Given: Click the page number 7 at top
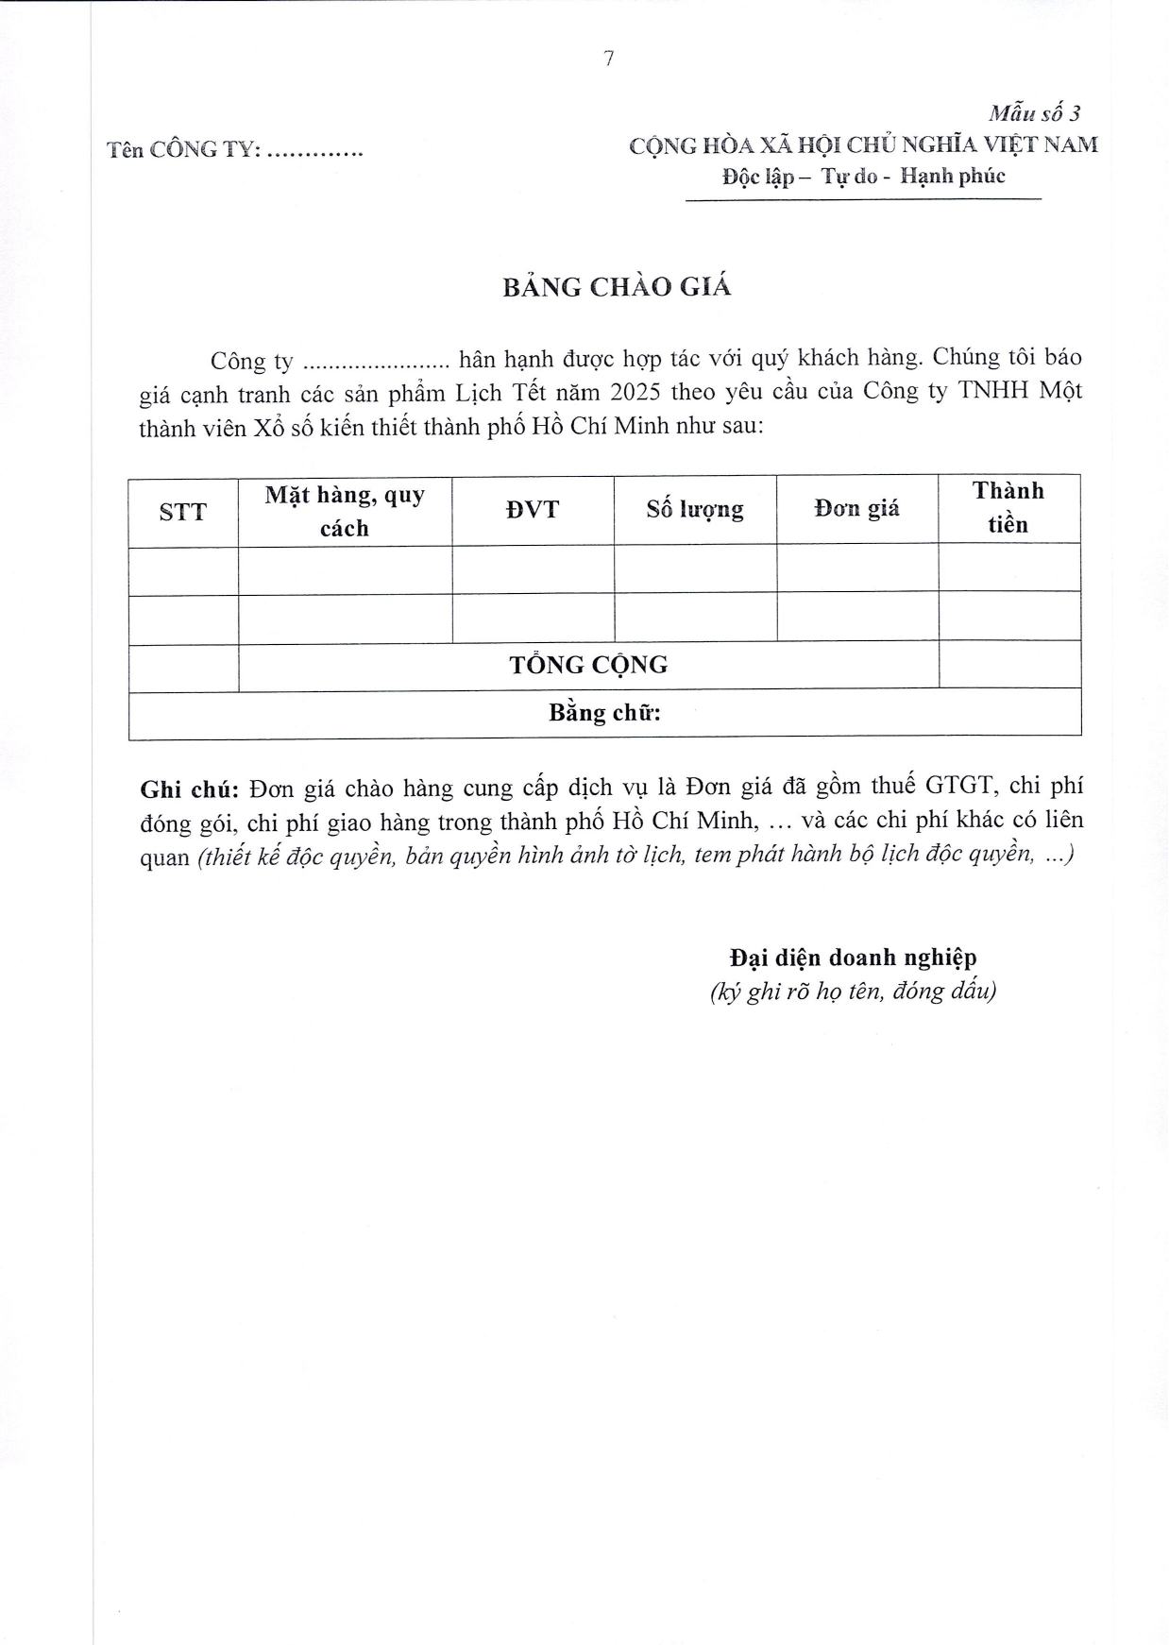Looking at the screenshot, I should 608,59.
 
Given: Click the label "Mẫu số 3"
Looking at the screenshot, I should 1034,113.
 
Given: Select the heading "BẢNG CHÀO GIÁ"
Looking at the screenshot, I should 617,287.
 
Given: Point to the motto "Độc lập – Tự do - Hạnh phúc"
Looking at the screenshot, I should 863,177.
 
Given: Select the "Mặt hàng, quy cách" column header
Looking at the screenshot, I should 345,511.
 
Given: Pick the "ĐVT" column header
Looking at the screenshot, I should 533,510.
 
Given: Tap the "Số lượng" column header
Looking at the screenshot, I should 695,510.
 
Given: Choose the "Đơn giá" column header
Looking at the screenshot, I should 856,509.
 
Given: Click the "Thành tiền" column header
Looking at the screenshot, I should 1008,508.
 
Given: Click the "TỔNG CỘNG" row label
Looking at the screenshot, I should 588,665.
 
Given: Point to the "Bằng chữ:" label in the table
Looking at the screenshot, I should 604,713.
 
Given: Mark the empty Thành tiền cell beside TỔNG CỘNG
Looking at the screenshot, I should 1009,664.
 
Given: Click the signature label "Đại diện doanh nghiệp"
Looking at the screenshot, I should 853,958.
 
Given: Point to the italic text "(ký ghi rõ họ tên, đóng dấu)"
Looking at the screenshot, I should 853,991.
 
